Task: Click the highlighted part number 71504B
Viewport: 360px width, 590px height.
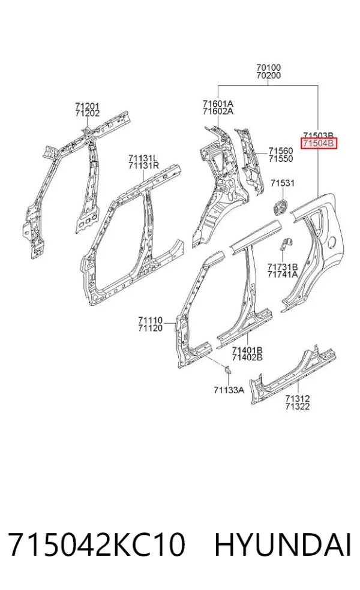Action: click(319, 143)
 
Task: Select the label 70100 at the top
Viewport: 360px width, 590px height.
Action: click(268, 68)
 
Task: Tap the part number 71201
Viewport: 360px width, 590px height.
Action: click(87, 107)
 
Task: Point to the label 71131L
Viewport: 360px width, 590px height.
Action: click(143, 158)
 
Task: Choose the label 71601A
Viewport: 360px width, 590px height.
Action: click(218, 104)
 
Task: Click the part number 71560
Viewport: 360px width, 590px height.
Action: click(281, 151)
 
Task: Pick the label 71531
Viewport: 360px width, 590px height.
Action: click(283, 183)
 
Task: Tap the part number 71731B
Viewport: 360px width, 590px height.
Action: click(283, 267)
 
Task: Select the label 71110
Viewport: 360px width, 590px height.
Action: click(150, 321)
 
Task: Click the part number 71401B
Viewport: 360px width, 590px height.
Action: click(247, 350)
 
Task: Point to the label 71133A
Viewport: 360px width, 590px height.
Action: click(229, 390)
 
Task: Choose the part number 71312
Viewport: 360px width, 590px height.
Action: click(298, 399)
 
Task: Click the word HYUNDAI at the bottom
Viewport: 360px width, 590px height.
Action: click(283, 544)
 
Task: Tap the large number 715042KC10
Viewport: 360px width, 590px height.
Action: click(97, 544)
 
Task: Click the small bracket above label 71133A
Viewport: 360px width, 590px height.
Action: click(228, 371)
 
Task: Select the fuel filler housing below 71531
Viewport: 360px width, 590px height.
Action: click(280, 206)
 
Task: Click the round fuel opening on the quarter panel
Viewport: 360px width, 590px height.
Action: click(332, 242)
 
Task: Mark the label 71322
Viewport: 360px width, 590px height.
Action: click(298, 407)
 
